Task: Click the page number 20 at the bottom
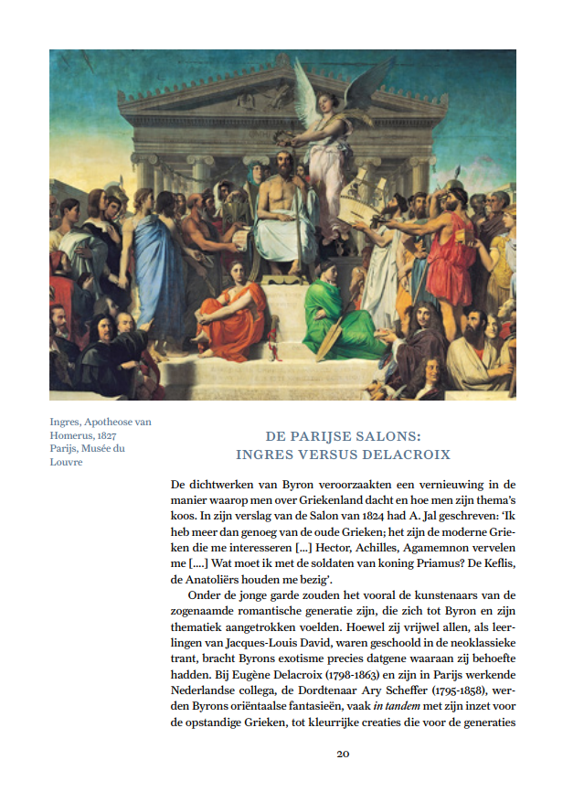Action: point(343,754)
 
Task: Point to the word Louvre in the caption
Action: point(66,462)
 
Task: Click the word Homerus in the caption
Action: point(70,435)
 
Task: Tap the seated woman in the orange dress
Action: point(235,320)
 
